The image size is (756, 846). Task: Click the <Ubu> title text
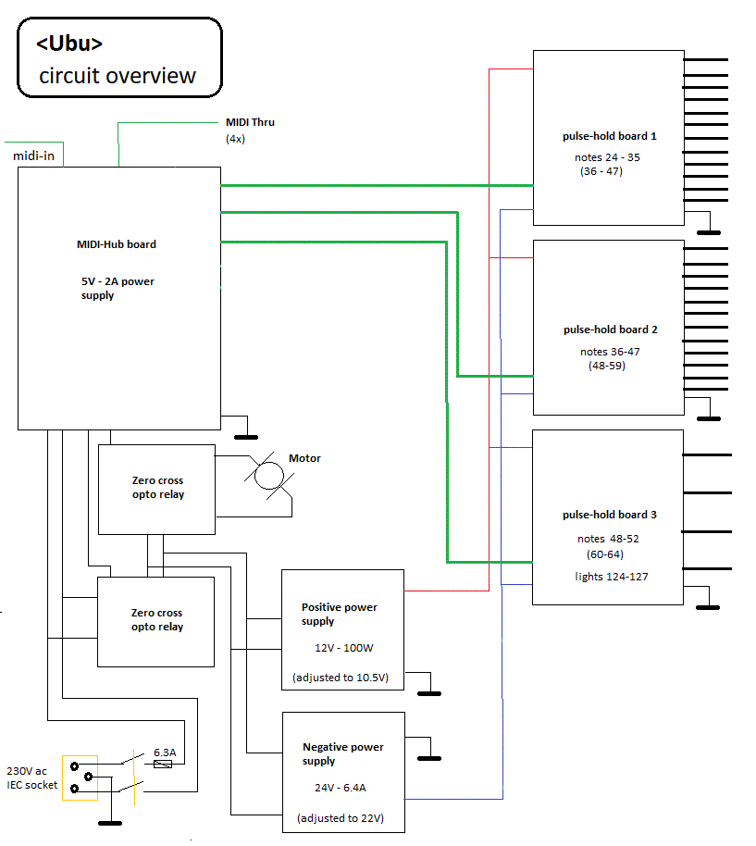point(69,44)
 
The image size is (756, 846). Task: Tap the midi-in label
point(33,156)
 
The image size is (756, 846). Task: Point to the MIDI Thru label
point(250,122)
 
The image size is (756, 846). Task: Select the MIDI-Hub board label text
point(116,244)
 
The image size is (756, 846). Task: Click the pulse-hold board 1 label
point(609,136)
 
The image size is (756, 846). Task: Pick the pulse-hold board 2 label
point(610,330)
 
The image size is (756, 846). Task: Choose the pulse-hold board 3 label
point(609,515)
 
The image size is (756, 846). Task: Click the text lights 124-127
point(610,577)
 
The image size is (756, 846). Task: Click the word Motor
point(304,458)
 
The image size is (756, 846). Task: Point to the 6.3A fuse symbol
point(164,765)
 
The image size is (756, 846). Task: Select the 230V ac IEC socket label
point(31,778)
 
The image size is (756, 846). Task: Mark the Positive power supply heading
point(339,614)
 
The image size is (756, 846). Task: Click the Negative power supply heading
point(342,753)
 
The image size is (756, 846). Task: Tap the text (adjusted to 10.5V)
point(341,678)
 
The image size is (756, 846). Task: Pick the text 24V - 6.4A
point(341,790)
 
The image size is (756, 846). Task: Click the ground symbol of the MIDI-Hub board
point(245,434)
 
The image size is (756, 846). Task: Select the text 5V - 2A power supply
point(117,288)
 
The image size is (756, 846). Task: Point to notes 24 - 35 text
point(607,157)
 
